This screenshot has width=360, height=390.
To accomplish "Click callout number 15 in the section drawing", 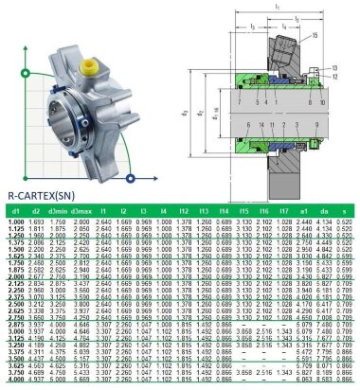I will click(316, 34).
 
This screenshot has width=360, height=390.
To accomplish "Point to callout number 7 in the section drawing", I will click(240, 101).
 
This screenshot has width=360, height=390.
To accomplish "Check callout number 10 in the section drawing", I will click(322, 101).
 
